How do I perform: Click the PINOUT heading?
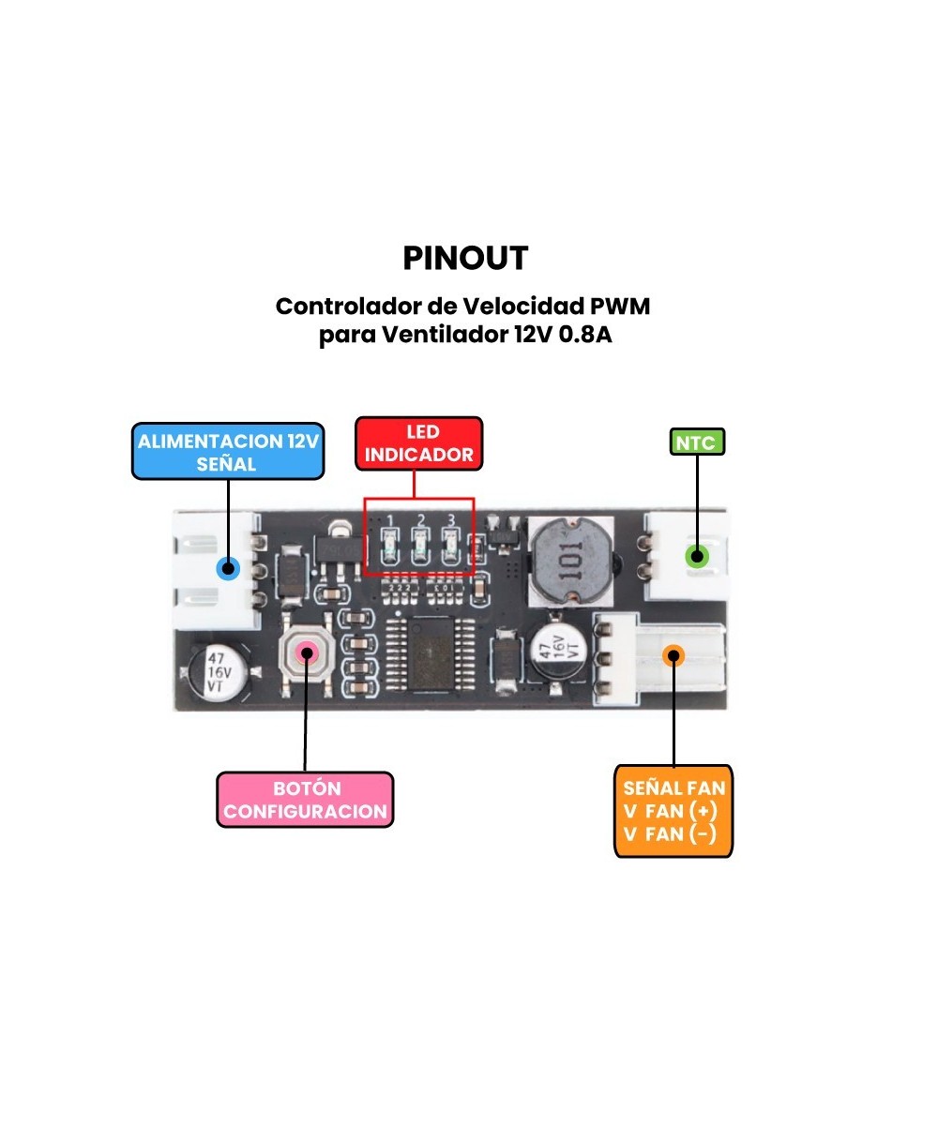[x=465, y=259]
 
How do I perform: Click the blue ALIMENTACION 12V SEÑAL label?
[x=227, y=452]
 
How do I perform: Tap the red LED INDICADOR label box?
[x=419, y=443]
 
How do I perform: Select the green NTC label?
[x=697, y=442]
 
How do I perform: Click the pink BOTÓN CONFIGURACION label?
[x=305, y=800]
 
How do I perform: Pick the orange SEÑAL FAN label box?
[x=673, y=811]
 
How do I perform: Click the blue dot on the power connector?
[x=227, y=568]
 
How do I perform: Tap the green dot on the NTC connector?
[x=696, y=555]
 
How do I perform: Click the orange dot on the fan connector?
[x=673, y=655]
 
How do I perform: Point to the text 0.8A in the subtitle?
[x=584, y=335]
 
